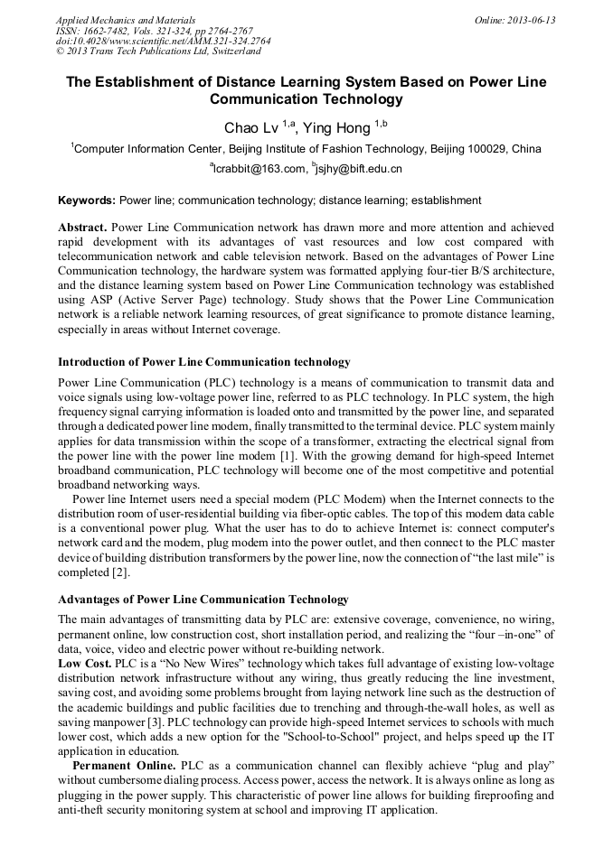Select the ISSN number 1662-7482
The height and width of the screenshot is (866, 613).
tap(109, 31)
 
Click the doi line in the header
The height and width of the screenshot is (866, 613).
tap(163, 42)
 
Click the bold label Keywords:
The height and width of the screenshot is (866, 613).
tap(87, 200)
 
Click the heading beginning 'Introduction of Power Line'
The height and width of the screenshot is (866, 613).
tap(203, 362)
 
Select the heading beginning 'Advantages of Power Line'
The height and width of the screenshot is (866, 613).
tap(203, 600)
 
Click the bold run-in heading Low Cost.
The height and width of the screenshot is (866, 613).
tap(84, 663)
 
